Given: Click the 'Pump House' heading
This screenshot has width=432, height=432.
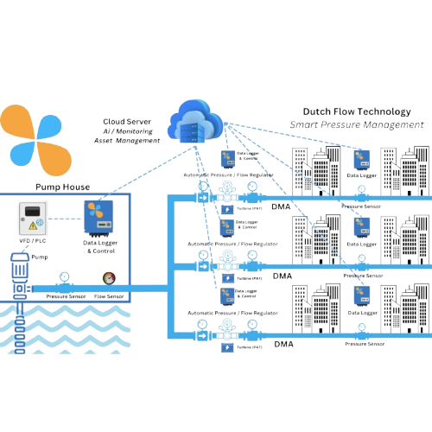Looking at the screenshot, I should pyautogui.click(x=60, y=185).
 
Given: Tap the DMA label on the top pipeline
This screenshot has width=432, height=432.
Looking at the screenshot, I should pyautogui.click(x=281, y=208).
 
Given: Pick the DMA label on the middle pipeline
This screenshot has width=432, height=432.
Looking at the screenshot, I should pyautogui.click(x=281, y=276).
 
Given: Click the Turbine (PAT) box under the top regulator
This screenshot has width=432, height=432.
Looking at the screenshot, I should pyautogui.click(x=227, y=212).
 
